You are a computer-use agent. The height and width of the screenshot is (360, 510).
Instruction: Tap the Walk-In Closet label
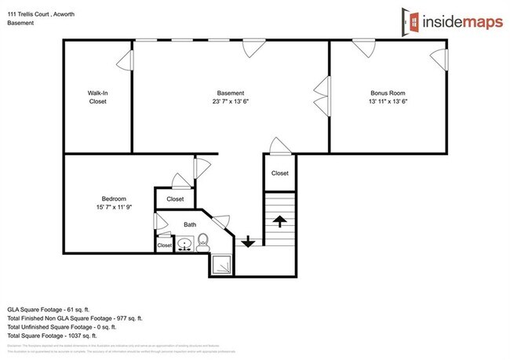[x=97, y=97]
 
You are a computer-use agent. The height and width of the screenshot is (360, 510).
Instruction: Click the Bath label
[x=190, y=224]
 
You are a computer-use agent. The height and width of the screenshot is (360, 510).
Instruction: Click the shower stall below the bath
[x=220, y=264]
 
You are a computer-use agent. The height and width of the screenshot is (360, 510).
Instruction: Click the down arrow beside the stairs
[x=248, y=241]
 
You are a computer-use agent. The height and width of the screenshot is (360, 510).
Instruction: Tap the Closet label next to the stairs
[x=279, y=173]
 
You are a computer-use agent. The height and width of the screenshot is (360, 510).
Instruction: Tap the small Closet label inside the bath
[x=165, y=245]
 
